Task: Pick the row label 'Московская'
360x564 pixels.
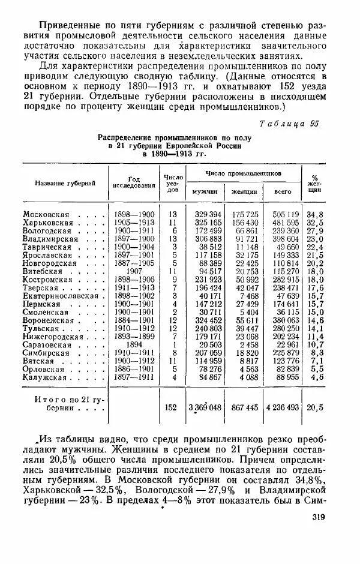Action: pos(46,215)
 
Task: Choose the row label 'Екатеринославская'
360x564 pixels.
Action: pos(60,295)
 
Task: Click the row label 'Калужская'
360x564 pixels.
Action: pos(44,377)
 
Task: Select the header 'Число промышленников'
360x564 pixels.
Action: pos(243,173)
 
